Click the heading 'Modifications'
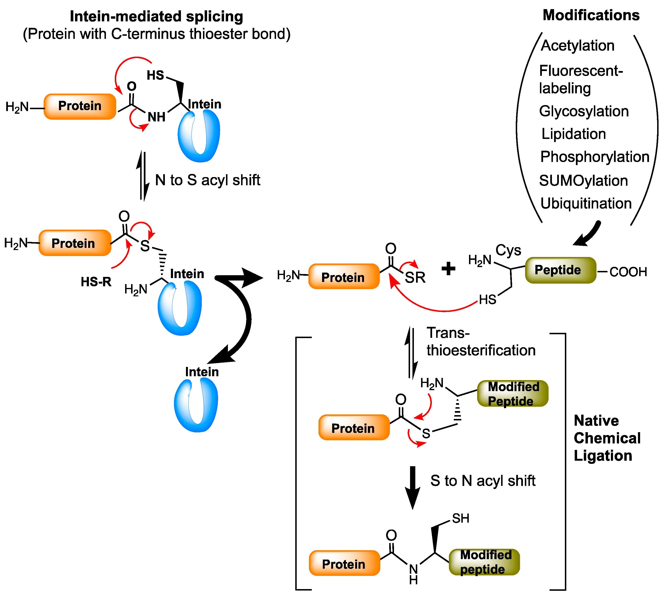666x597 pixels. pos(591,15)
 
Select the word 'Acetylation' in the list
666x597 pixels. pos(577,46)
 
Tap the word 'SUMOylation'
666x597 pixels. pos(583,181)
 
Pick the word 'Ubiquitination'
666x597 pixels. pos(586,203)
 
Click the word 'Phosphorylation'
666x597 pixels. pos(594,157)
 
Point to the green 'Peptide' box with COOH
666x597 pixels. pos(560,270)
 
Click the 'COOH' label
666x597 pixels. pos(628,272)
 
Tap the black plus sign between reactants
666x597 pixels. pos(448,269)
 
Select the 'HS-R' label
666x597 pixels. pos(96,282)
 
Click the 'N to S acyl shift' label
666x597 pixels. pos(207,180)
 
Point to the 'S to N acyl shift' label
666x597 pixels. pos(483,481)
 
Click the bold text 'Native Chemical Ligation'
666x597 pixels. pos(607,438)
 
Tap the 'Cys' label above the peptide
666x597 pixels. pos(508,250)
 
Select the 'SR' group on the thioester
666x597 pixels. pos(415,278)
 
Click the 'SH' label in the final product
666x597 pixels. pos(461,519)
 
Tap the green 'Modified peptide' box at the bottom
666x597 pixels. pos(484,562)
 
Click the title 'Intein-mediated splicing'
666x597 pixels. pos(156,16)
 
